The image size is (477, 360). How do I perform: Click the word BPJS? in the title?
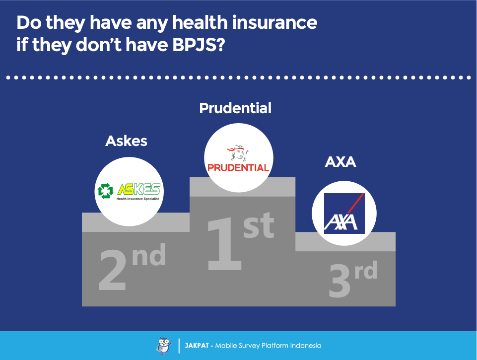[x=199, y=44]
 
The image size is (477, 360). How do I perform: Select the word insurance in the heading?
[x=274, y=22]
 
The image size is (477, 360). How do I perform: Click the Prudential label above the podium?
[x=235, y=108]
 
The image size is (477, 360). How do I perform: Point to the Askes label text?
[x=126, y=141]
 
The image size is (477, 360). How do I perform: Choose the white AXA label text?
[x=341, y=161]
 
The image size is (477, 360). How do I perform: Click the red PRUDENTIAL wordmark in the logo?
[x=238, y=167]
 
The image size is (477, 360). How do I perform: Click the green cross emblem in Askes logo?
[x=105, y=191]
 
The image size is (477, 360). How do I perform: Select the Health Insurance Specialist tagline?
[x=137, y=199]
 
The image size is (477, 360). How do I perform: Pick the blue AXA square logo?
[x=344, y=214]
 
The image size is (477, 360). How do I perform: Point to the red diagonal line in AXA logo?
[x=355, y=203]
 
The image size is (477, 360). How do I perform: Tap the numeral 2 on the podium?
[x=112, y=270]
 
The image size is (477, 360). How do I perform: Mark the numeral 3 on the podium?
[x=340, y=281]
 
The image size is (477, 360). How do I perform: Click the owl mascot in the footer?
[x=164, y=346]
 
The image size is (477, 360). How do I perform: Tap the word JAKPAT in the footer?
[x=197, y=346]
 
